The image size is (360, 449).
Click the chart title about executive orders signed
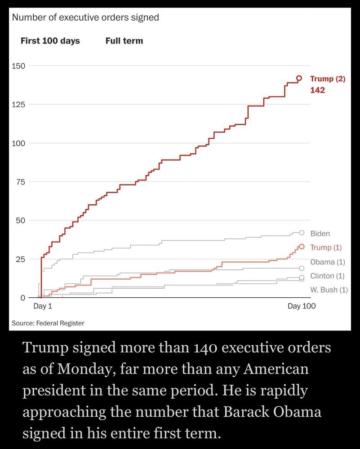click(85, 18)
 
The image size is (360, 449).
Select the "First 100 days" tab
click(50, 41)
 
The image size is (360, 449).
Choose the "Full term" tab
click(124, 41)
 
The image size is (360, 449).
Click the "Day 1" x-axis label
click(43, 306)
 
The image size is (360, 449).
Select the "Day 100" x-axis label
click(302, 306)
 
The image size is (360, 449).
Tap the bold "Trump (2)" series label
click(328, 79)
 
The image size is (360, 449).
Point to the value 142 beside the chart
click(317, 90)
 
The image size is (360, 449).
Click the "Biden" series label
click(320, 233)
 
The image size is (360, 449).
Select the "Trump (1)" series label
click(326, 248)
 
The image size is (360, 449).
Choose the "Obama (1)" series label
click(328, 262)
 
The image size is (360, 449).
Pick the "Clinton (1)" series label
click(328, 276)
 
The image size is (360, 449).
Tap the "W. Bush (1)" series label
click(329, 290)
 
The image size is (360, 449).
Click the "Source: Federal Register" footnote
click(48, 323)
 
